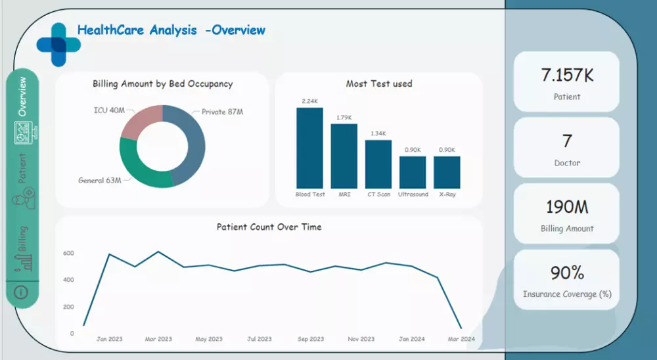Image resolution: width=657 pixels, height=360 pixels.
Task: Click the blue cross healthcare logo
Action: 58,44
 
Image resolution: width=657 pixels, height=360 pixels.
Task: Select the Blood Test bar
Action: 309,148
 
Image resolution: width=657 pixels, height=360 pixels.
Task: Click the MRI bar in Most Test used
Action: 344,156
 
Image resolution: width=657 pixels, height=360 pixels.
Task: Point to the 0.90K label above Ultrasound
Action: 413,150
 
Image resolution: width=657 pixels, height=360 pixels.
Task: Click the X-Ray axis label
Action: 447,194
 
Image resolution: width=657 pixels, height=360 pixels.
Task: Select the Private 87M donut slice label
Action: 222,112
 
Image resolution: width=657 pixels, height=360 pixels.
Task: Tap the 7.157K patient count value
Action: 566,76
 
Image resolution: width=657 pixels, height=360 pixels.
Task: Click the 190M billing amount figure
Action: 566,207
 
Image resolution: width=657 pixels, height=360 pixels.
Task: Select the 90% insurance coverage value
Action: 566,273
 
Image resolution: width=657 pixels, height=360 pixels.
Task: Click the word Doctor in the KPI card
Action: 566,163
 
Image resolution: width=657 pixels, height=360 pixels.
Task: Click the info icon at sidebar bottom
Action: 21,292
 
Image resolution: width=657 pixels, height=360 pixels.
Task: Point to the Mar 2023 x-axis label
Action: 158,339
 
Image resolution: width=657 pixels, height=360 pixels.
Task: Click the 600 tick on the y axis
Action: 68,254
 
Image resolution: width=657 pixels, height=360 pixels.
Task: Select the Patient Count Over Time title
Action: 269,227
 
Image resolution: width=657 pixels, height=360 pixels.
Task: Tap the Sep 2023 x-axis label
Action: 310,339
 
